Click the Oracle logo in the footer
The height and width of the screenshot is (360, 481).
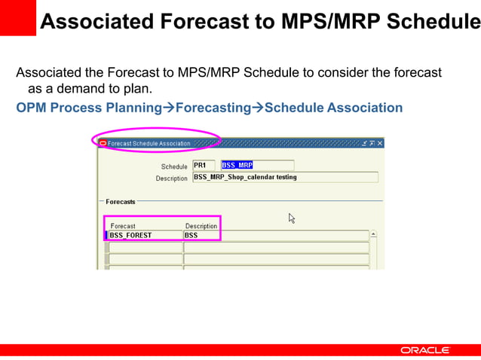424,350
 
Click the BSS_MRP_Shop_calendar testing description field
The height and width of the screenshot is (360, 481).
285,178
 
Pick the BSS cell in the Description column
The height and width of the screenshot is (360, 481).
275,235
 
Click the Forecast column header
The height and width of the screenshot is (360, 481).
123,226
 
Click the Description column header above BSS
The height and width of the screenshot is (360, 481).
201,226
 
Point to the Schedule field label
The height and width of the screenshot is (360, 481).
174,166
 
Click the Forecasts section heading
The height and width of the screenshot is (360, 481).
121,202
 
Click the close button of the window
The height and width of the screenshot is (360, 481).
380,143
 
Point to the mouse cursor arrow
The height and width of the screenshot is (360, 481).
292,218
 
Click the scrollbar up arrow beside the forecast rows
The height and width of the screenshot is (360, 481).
373,235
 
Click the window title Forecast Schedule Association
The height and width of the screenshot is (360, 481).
149,143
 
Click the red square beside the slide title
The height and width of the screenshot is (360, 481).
17,17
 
